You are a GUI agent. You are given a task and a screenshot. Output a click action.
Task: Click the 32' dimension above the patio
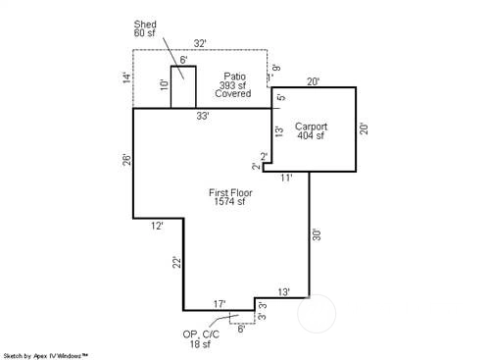[x=200, y=43]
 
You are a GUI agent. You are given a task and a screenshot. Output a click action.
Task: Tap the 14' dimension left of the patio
[x=126, y=77]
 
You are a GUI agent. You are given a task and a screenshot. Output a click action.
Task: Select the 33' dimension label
[x=203, y=116]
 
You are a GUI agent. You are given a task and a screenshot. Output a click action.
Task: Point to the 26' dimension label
[x=126, y=160]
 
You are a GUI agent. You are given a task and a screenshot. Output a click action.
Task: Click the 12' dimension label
[x=157, y=226]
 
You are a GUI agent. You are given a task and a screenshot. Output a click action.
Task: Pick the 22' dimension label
[x=176, y=263]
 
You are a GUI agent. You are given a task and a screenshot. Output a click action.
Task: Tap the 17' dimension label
[x=220, y=304]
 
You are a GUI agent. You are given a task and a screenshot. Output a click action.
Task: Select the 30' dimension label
[x=317, y=234]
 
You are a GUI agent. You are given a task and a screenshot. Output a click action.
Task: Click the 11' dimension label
[x=286, y=178]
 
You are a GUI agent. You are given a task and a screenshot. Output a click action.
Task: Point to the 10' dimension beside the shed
[x=165, y=84]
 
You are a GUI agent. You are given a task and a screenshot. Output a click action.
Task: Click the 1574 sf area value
[x=229, y=201]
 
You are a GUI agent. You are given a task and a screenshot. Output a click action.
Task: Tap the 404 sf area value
[x=311, y=135]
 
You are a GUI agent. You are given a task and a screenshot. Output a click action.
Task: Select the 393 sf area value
[x=232, y=85]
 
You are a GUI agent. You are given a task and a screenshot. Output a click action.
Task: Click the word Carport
[x=311, y=127]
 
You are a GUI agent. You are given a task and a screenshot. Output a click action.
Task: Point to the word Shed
[x=145, y=25]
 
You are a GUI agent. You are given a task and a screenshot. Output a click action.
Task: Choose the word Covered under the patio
[x=233, y=93]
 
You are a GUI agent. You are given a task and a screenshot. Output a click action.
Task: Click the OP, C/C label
[x=201, y=334]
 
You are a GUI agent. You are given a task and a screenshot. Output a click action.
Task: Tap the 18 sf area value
[x=200, y=344]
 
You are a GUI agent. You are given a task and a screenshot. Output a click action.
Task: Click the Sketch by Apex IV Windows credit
[x=45, y=356]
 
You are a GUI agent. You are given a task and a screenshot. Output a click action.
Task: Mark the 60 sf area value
[x=144, y=32]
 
